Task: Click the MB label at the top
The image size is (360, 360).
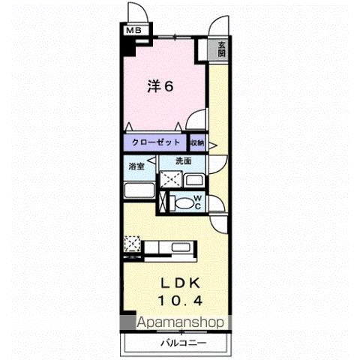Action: pos(133,31)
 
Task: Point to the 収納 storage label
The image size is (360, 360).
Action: pos(196,142)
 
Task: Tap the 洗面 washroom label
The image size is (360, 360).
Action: pos(184,160)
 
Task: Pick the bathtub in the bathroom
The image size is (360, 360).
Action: pos(137,190)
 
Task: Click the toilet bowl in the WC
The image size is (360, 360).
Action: pos(182,201)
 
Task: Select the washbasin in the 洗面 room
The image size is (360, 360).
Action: pos(193,179)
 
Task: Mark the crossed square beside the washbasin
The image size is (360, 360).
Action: pos(171,178)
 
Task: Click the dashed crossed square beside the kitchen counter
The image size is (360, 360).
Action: pos(133,244)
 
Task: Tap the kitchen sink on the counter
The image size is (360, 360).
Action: pos(182,247)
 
